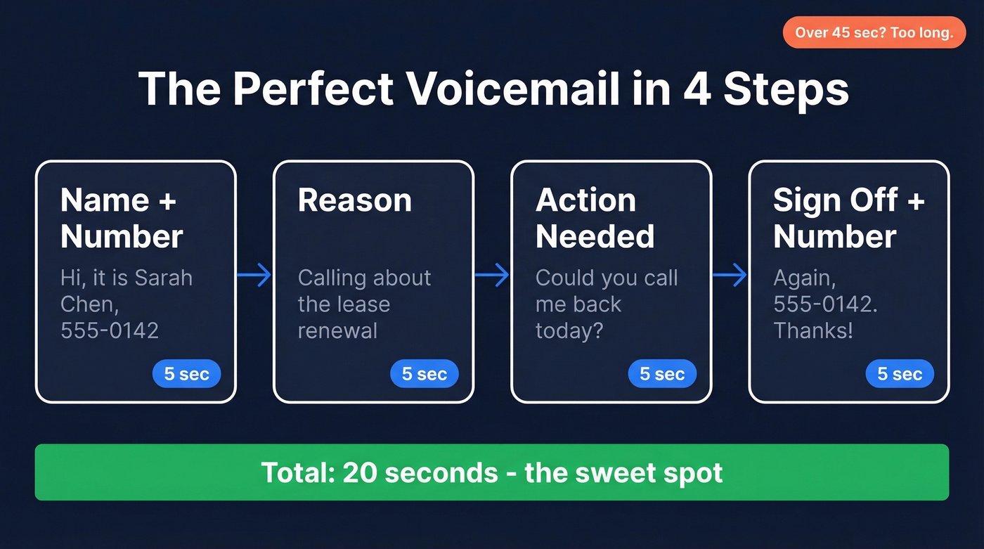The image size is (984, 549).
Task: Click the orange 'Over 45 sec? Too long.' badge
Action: click(x=874, y=33)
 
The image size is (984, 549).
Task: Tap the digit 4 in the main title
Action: click(x=696, y=89)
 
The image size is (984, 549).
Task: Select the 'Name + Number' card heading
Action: click(x=122, y=218)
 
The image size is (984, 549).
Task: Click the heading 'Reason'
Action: click(x=354, y=200)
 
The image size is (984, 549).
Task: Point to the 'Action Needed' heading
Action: click(x=595, y=218)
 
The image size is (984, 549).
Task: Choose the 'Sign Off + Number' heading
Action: click(x=848, y=218)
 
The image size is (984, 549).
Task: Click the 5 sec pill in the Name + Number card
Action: click(x=186, y=374)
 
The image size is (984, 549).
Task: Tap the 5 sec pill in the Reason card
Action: click(x=424, y=374)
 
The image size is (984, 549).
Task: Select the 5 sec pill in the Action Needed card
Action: click(x=661, y=374)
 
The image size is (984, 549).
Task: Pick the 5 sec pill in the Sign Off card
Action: click(x=899, y=374)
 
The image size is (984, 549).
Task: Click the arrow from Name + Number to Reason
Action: click(x=254, y=275)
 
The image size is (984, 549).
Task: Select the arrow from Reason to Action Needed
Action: click(x=491, y=275)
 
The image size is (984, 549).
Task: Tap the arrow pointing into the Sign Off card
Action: click(x=729, y=275)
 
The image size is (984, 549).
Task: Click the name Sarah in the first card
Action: click(x=163, y=278)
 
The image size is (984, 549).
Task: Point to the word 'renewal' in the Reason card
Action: click(x=337, y=330)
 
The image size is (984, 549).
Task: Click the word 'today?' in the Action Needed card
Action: click(x=569, y=330)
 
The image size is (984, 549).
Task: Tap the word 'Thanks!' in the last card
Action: click(x=813, y=330)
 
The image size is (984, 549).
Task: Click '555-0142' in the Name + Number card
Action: click(x=110, y=330)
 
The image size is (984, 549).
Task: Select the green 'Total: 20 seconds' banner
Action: click(x=491, y=472)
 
